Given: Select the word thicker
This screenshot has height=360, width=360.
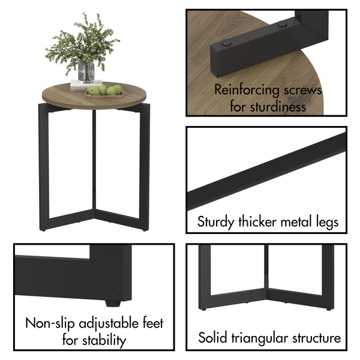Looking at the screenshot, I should tap(259, 222).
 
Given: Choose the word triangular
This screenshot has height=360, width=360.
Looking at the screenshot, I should tap(260, 338).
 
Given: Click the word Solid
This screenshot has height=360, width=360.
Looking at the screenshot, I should tap(212, 338).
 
